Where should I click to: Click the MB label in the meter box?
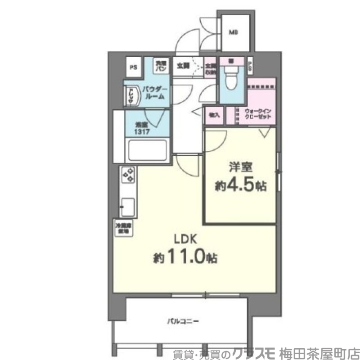(234, 32)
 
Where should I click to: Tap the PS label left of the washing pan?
(133, 67)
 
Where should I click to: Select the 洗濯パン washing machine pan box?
(161, 66)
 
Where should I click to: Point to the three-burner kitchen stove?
(128, 175)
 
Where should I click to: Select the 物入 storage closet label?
(213, 115)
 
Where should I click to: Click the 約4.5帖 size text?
(238, 185)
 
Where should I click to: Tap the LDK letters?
(185, 239)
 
